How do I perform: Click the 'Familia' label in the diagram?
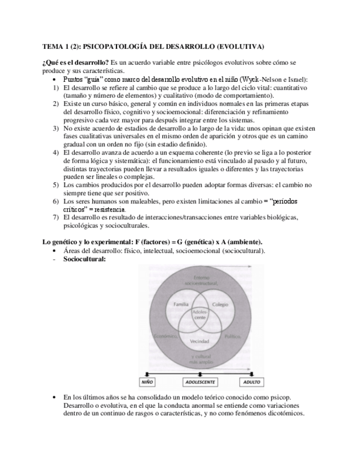tap(182, 304)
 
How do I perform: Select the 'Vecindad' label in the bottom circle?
tap(200, 341)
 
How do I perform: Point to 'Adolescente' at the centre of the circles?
tap(200, 315)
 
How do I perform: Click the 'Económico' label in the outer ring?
tap(164, 336)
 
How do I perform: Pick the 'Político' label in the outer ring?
tap(232, 335)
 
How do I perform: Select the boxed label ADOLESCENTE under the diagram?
tap(200, 381)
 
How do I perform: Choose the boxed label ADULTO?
tap(251, 381)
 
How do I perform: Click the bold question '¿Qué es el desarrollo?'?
tap(76, 63)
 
